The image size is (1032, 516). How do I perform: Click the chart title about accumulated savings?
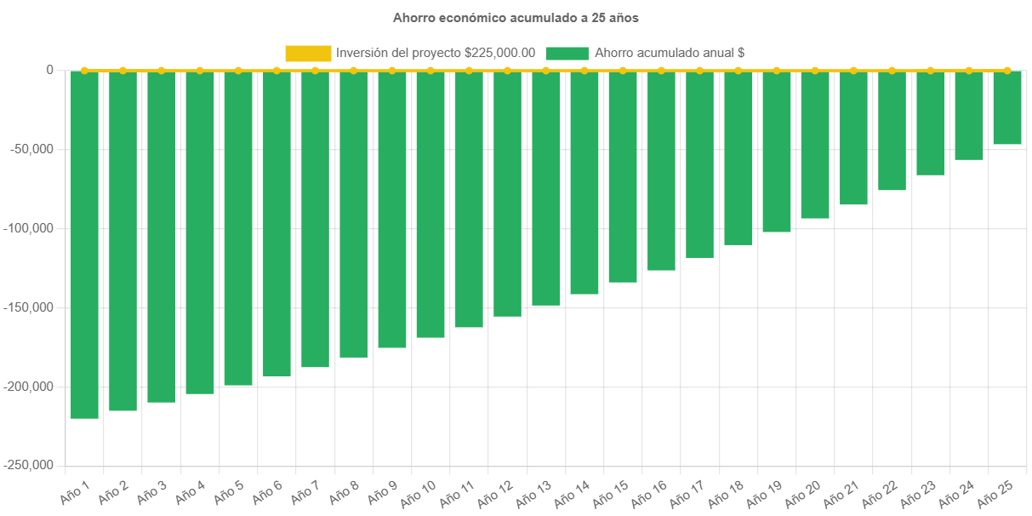pyautogui.click(x=516, y=17)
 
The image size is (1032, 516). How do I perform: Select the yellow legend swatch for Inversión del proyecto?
pyautogui.click(x=308, y=53)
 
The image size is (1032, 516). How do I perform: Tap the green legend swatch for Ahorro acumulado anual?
pyautogui.click(x=567, y=53)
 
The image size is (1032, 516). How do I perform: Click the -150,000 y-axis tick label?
pyautogui.click(x=28, y=307)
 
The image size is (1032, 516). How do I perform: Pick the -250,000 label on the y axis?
pyautogui.click(x=28, y=465)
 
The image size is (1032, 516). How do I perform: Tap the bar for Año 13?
pyautogui.click(x=545, y=187)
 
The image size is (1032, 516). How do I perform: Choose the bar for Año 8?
pyautogui.click(x=353, y=214)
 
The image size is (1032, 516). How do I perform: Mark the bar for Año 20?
pyautogui.click(x=815, y=145)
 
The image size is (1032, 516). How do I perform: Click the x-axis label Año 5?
pyautogui.click(x=227, y=492)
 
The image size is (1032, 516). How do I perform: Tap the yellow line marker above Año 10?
pyautogui.click(x=430, y=70)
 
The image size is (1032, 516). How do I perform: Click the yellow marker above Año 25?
pyautogui.click(x=1007, y=70)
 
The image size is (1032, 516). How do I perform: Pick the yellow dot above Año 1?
pyautogui.click(x=84, y=70)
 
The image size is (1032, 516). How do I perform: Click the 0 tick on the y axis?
pyautogui.click(x=49, y=70)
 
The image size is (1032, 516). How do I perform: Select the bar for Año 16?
pyautogui.click(x=661, y=170)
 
